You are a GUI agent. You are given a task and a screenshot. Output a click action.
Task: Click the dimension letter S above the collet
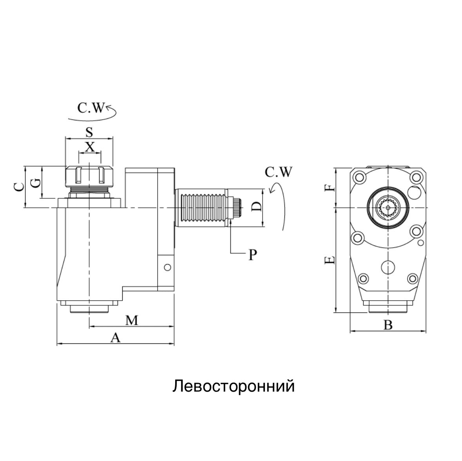(x=89, y=132)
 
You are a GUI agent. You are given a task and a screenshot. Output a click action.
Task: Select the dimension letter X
(x=90, y=147)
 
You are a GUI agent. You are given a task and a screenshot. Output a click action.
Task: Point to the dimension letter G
(x=35, y=183)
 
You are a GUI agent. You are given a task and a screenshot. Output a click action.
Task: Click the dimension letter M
(x=132, y=320)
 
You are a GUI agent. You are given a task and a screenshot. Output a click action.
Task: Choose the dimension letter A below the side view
(x=115, y=338)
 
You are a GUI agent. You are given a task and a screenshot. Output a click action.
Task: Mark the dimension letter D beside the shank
(x=255, y=207)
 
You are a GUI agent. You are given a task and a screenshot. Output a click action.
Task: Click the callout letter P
(x=253, y=255)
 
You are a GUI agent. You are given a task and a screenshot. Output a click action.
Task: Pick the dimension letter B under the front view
(x=388, y=325)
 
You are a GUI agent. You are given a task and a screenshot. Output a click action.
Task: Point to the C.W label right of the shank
(x=278, y=172)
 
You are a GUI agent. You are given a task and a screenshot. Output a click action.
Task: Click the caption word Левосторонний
(x=233, y=386)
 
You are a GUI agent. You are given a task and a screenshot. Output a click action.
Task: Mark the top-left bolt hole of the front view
(x=359, y=178)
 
